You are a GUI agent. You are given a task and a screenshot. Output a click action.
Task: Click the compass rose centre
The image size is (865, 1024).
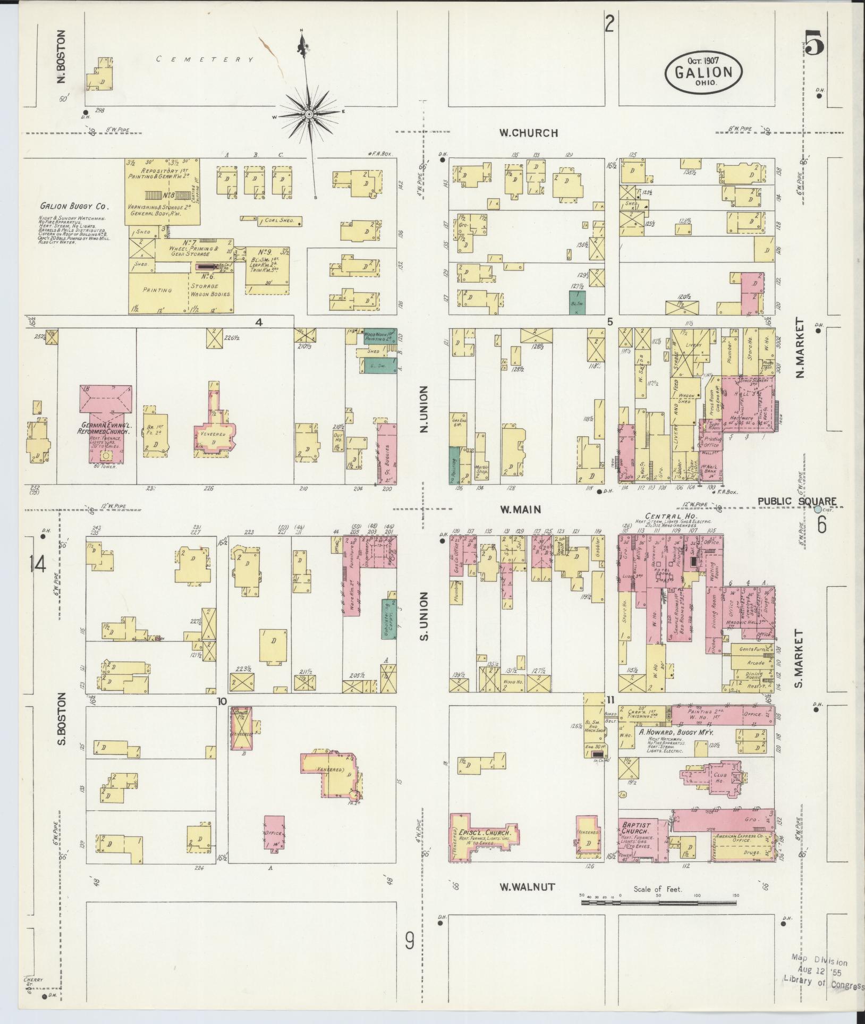[309, 114]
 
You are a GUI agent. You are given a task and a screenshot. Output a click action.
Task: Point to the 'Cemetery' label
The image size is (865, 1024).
[205, 60]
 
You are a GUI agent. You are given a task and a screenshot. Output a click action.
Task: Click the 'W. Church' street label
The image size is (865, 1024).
[528, 133]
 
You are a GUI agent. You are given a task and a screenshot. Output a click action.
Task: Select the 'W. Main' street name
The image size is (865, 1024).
[520, 510]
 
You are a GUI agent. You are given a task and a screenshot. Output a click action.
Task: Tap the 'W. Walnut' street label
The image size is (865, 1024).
[528, 887]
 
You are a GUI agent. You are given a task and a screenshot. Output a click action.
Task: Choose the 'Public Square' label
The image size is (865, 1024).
[797, 501]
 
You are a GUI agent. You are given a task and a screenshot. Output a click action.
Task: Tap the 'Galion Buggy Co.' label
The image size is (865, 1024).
[74, 206]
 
